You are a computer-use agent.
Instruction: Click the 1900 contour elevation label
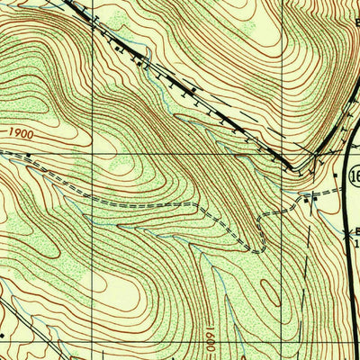pyautogui.click(x=24, y=133)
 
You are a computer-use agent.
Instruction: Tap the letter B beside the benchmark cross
pyautogui.click(x=355, y=230)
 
